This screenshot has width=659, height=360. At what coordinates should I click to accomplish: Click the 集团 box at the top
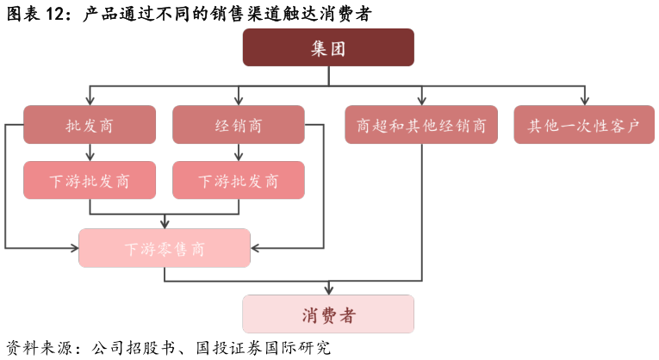(328, 47)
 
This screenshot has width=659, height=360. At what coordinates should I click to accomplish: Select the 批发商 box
(90, 125)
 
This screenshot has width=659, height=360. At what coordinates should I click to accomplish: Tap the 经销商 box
(239, 125)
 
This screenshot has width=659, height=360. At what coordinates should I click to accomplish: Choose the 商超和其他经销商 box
(421, 125)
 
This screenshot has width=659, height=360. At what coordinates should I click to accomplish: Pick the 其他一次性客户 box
(584, 125)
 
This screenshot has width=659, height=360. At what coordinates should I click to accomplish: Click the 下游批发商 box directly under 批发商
(90, 180)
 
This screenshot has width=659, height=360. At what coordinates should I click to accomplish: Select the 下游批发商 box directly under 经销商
(239, 180)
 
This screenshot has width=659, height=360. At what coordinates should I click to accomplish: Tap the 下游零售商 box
(165, 248)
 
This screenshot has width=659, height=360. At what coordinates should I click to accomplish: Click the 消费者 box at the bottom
(328, 314)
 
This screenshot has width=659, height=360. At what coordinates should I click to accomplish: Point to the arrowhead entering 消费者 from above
(328, 290)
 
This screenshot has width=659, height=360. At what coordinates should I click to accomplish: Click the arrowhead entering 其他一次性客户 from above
(584, 101)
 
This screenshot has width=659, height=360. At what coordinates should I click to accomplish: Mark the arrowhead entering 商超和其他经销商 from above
(421, 101)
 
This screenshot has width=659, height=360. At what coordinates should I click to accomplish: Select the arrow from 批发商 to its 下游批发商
(90, 152)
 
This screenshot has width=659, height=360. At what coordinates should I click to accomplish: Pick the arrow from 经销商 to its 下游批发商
(239, 152)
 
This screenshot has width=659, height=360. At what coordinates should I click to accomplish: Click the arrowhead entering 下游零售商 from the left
(74, 248)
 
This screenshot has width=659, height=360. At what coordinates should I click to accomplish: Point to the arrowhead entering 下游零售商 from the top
(165, 224)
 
